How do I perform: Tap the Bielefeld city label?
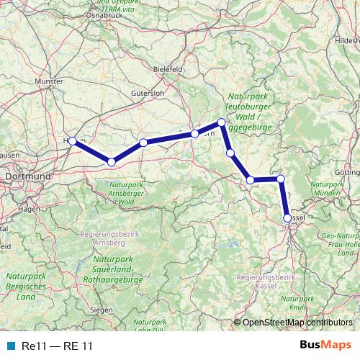tap(168, 68)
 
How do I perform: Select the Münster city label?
tap(50, 82)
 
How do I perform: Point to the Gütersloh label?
tap(148, 93)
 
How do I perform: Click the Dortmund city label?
tap(27, 176)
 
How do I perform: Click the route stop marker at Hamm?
tap(72, 141)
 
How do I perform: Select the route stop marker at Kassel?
tap(288, 217)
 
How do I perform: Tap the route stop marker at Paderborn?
tap(194, 134)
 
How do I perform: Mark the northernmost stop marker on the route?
tap(222, 122)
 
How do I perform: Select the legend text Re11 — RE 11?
tap(57, 346)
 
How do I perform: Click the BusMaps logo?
tap(325, 345)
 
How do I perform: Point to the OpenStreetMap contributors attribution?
tap(297, 323)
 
